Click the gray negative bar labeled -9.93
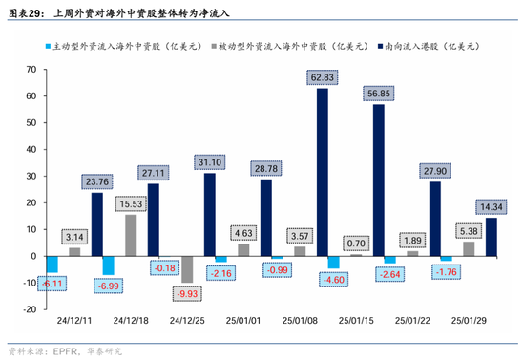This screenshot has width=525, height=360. coord(187,269)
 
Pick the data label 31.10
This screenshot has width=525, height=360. coord(209,162)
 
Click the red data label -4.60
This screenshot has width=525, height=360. coord(333,280)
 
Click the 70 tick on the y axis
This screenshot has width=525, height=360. coord(30,70)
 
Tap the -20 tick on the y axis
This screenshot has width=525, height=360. coord(28,309)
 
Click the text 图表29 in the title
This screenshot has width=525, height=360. coord(24,13)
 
